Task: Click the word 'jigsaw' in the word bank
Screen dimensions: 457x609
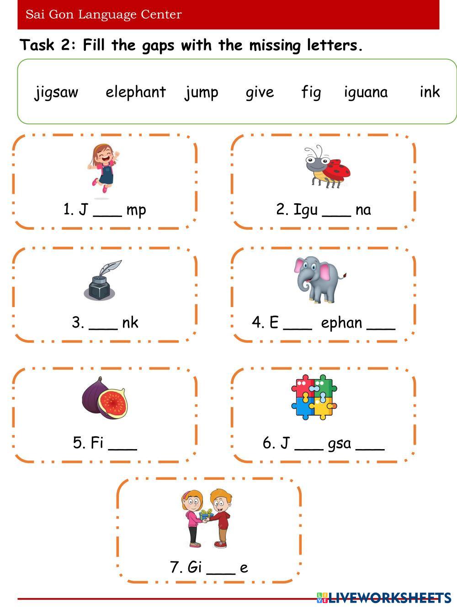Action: point(56,92)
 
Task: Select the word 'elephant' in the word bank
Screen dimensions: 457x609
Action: point(135,92)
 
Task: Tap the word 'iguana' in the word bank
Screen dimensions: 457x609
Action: point(366,92)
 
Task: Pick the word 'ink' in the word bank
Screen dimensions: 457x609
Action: point(430,92)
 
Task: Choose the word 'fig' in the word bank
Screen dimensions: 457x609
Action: point(311,92)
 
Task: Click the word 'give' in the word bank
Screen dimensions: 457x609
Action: point(260,92)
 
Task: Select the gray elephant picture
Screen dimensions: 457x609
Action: point(319,279)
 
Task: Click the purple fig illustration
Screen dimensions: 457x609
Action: point(105,398)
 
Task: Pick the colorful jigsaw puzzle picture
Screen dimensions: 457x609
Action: point(314,397)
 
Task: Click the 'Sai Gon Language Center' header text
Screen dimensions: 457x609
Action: point(104,15)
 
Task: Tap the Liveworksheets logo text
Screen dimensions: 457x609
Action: point(388,597)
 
